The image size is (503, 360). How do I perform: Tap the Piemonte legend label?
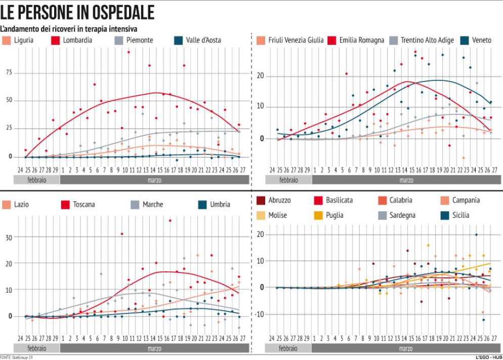(x=140, y=40)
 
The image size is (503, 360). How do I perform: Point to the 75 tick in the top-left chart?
(x=9, y=72)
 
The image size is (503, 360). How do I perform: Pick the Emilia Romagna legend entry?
(x=361, y=40)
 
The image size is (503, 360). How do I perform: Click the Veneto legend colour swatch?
(x=464, y=40)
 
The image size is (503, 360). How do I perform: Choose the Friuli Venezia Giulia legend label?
(x=296, y=40)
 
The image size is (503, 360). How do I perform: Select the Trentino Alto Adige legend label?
(x=426, y=40)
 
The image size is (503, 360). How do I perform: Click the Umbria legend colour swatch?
(x=202, y=205)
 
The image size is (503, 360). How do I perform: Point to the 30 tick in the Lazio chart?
(x=9, y=237)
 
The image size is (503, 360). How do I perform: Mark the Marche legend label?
(x=152, y=205)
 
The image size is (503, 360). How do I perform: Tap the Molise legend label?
(x=277, y=215)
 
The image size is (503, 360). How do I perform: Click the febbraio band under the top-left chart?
(x=36, y=180)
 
